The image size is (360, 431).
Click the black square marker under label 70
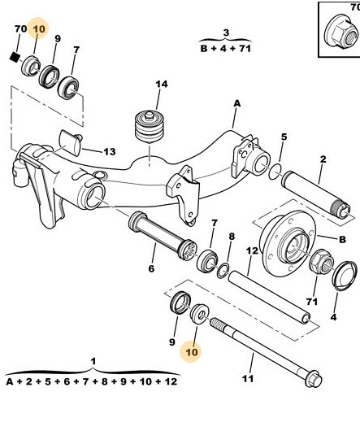[x=15, y=57]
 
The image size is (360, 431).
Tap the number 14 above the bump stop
[x=162, y=84]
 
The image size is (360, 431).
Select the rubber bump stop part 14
[x=150, y=127]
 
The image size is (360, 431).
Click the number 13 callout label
[x=110, y=151]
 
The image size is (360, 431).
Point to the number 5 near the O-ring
[x=284, y=137]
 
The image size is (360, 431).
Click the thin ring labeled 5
[x=275, y=172]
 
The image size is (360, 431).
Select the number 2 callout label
[x=323, y=159]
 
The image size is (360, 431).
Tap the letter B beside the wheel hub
[x=342, y=239]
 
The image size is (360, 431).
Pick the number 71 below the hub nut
[x=312, y=302]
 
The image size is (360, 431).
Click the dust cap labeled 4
[x=345, y=276]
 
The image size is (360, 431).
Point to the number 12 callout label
[x=252, y=250]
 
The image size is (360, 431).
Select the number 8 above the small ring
[x=232, y=236]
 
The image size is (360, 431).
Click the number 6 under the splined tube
[x=152, y=268]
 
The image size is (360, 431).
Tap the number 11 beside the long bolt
[x=248, y=379]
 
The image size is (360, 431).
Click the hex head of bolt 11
[x=313, y=379]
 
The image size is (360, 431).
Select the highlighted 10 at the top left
[x=39, y=28]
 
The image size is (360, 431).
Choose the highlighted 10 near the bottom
[x=192, y=352]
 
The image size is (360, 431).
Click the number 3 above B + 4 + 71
[x=226, y=33]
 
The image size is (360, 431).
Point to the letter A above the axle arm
[x=237, y=103]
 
